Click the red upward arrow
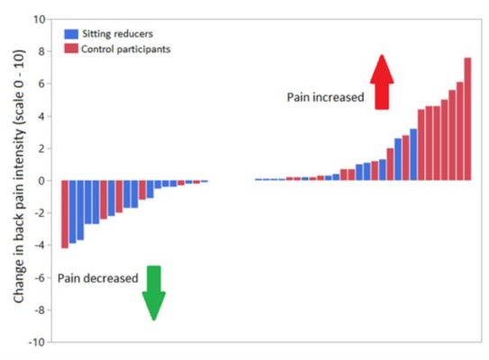coord(382,81)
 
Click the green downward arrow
coord(154,292)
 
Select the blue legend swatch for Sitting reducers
coord(69,33)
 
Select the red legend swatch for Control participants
coord(69,49)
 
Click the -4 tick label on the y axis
coord(39,246)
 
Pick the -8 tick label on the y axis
coord(39,310)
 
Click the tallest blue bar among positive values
coord(413,155)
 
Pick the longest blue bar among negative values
coord(73,211)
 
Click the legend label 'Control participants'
coord(125,49)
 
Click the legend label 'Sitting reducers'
coord(117,33)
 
